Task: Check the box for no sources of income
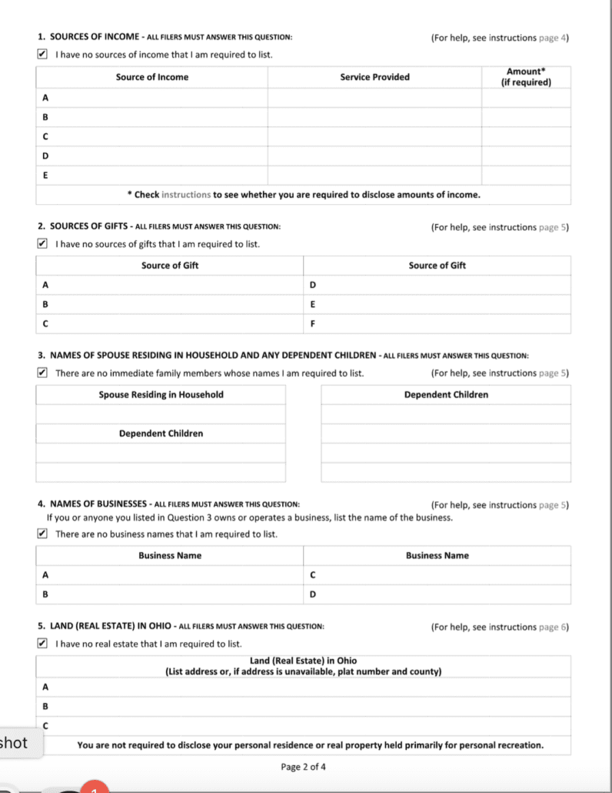[42, 55]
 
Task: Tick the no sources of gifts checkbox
[42, 244]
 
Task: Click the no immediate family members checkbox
[42, 373]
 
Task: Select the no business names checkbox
[42, 534]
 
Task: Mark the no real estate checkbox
[42, 644]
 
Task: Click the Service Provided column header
[374, 77]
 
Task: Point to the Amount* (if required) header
[526, 76]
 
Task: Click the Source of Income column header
[151, 77]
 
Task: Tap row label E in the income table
[45, 176]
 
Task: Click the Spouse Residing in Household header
[161, 395]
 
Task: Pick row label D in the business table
[312, 594]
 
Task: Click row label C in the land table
[45, 725]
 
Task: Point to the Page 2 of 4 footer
[304, 767]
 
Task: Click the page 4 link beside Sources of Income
[557, 38]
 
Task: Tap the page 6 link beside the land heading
[557, 627]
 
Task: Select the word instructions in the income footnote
[186, 195]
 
